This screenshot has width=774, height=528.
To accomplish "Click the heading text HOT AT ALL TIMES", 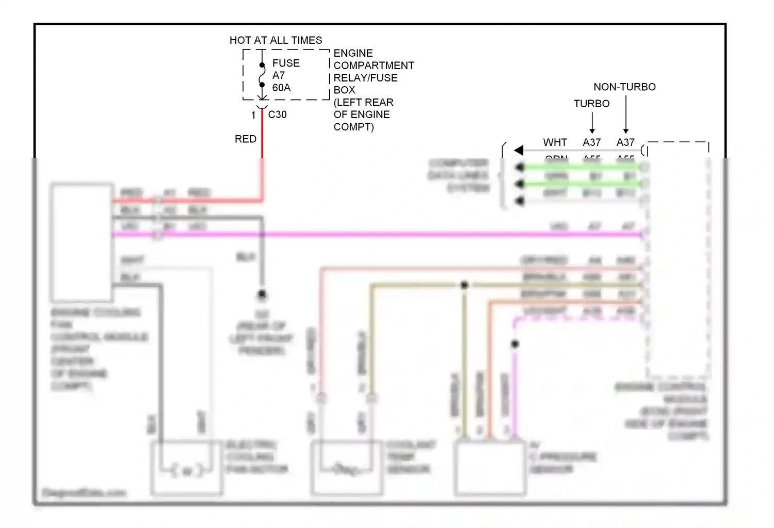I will pyautogui.click(x=276, y=40).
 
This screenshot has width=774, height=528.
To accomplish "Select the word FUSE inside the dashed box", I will pyautogui.click(x=286, y=63).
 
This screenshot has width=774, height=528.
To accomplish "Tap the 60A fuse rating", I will pyautogui.click(x=281, y=88).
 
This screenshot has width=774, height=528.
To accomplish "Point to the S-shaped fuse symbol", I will pyautogui.click(x=262, y=75).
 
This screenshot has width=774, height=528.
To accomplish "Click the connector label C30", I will pyautogui.click(x=277, y=114).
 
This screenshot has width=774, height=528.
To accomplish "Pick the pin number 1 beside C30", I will pyautogui.click(x=253, y=115).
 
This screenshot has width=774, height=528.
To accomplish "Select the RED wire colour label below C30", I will pyautogui.click(x=246, y=139).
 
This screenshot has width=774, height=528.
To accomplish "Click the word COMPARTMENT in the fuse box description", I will pyautogui.click(x=374, y=65).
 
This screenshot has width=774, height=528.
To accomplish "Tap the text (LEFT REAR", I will pyautogui.click(x=363, y=102).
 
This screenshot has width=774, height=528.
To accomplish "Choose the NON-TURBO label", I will pyautogui.click(x=624, y=87).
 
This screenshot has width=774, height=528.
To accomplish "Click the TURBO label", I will pyautogui.click(x=591, y=104).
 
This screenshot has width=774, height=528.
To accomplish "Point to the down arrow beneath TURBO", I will pyautogui.click(x=592, y=124).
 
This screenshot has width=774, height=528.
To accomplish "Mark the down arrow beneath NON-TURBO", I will pyautogui.click(x=626, y=115).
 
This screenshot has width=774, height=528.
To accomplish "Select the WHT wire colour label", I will pyautogui.click(x=555, y=142).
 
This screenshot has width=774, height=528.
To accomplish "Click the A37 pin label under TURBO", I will pyautogui.click(x=592, y=142).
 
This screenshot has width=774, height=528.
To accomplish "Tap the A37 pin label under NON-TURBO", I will pyautogui.click(x=625, y=142).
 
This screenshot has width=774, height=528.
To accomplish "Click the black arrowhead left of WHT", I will pyautogui.click(x=519, y=150).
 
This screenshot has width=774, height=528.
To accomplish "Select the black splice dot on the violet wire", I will pyautogui.click(x=515, y=344).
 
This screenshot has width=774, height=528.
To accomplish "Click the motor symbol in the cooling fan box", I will pyautogui.click(x=187, y=471).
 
